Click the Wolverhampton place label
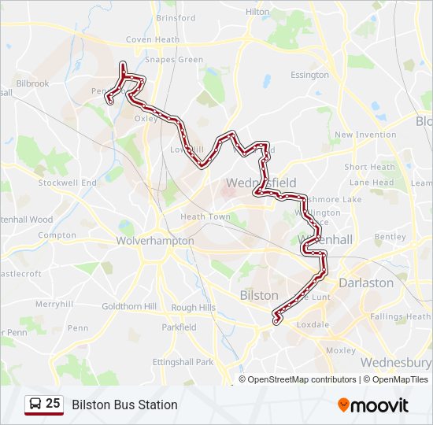(155, 241)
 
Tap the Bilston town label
(258, 295)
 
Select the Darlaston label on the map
(365, 283)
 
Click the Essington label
(309, 75)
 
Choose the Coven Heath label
(153, 39)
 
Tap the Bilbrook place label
(32, 83)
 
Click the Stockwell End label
(68, 183)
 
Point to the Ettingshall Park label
(183, 362)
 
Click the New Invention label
(365, 135)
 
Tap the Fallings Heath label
(400, 316)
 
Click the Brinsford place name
(176, 18)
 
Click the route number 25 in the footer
(53, 404)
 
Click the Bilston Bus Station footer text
(124, 405)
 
